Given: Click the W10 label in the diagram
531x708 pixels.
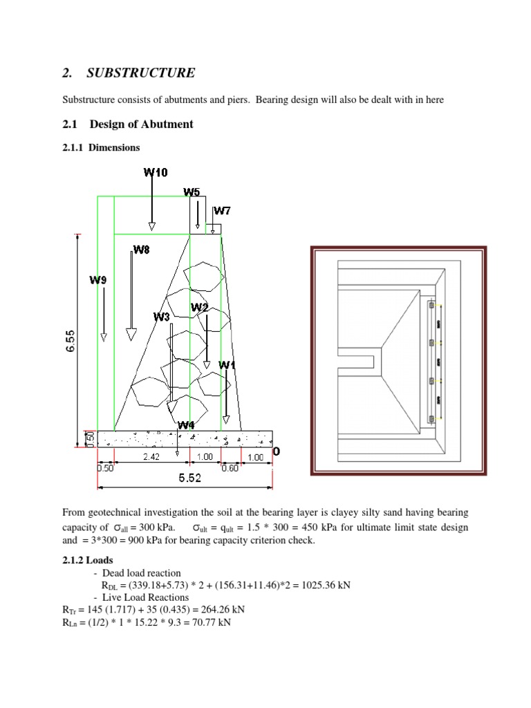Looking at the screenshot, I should [x=156, y=172].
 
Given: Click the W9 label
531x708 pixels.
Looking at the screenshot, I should [x=99, y=280].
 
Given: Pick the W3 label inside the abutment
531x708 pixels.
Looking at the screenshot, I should [x=162, y=317].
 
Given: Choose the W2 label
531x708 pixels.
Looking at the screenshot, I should [x=200, y=306].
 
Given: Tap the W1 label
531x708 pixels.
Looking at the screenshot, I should [x=227, y=364].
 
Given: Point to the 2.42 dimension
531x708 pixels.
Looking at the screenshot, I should [x=152, y=457].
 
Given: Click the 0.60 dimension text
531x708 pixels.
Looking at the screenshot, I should [x=230, y=468].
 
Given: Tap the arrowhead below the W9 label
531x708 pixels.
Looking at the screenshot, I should [x=103, y=337].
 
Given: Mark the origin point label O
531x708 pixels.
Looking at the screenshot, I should [x=277, y=451].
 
